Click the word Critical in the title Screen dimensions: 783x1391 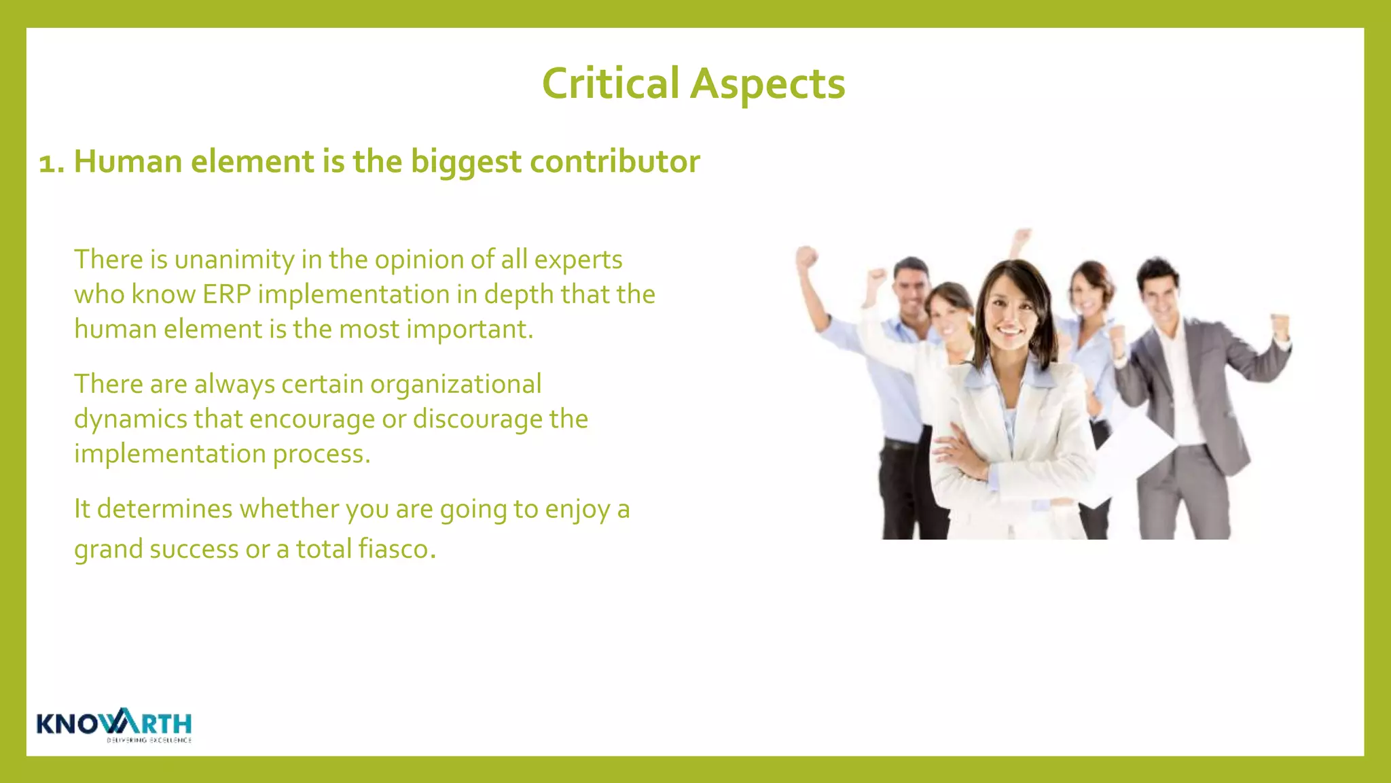coord(610,84)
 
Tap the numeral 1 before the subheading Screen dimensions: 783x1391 coord(47,163)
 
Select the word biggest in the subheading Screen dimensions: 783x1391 coord(466,162)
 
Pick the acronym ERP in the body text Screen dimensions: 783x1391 coord(227,294)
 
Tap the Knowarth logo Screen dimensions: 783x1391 coord(114,723)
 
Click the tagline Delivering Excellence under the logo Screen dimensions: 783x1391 coord(149,740)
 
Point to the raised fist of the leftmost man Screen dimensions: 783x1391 coord(806,258)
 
